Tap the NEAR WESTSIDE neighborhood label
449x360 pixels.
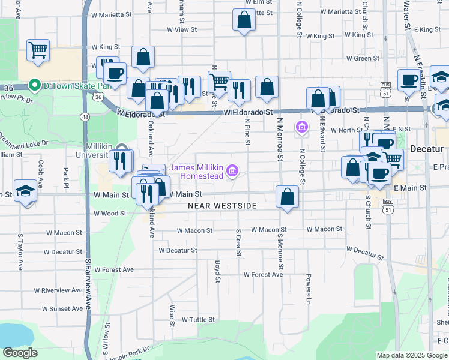click(222, 206)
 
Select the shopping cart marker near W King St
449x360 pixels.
click(38, 50)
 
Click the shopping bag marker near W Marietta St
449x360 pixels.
click(244, 20)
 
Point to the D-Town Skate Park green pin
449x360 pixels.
click(35, 86)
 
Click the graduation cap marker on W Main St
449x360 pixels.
click(26, 192)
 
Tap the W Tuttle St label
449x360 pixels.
click(197, 320)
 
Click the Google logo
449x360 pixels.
click(20, 353)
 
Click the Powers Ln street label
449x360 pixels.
click(309, 287)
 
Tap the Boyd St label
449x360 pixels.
click(217, 269)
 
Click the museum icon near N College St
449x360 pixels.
click(301, 127)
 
